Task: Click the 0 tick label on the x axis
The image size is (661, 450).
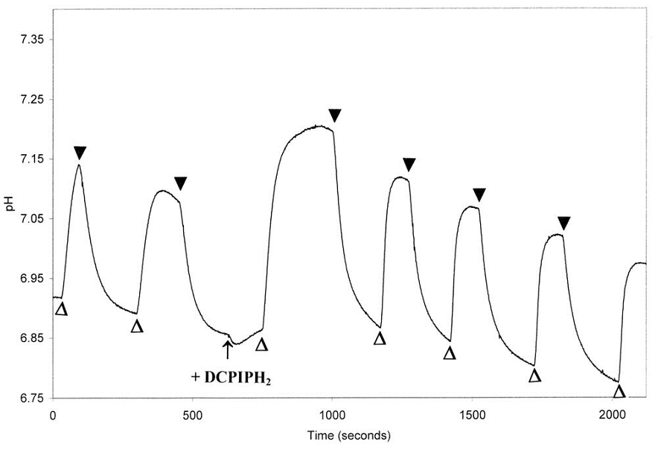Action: click(53, 414)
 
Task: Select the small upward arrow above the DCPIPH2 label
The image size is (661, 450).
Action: click(228, 348)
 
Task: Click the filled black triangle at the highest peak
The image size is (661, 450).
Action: click(334, 115)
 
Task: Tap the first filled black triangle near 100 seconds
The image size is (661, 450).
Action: click(80, 153)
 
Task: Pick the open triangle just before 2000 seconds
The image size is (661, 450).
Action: click(619, 391)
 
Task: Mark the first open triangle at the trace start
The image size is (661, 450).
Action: click(62, 308)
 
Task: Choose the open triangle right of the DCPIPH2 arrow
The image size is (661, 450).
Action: click(261, 344)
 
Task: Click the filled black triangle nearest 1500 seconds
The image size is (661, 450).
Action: click(479, 195)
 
